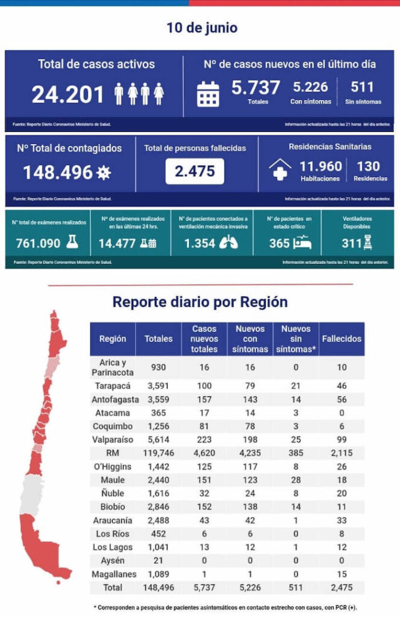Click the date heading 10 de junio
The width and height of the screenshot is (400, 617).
pos(202,28)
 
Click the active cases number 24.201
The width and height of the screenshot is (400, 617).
pos(69,94)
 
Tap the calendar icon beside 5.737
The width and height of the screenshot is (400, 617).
pos(208,93)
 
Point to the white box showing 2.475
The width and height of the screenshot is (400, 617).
pos(195,171)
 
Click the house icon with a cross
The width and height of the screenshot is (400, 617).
pos(280,170)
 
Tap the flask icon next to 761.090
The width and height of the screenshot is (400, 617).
pos(72,242)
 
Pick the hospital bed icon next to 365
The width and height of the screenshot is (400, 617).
pos(301,242)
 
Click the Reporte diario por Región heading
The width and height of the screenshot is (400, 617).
pos(200,302)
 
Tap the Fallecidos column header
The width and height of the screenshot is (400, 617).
pos(342,339)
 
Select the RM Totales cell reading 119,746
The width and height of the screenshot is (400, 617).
pos(158,453)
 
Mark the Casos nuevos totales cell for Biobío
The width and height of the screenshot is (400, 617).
pos(204,507)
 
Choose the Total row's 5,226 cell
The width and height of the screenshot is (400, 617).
pos(250,587)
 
